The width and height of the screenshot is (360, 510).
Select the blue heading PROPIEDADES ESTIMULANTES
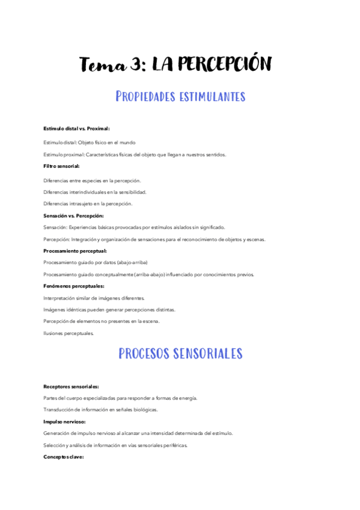pos(180,96)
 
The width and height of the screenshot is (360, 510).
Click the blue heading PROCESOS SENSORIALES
pos(180,353)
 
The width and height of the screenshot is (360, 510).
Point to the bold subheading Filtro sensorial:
pos(61,165)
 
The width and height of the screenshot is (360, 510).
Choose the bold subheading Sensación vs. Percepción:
pos(73,215)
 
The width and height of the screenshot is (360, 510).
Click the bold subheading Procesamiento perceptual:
pos(75,250)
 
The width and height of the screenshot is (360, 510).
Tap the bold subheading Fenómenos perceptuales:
pos(74,286)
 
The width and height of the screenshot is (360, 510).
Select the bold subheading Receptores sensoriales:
pos(72,386)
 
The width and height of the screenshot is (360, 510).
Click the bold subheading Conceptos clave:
pos(63,457)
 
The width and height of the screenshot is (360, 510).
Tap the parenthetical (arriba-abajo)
pos(171,274)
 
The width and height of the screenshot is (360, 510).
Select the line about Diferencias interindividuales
pos(95,192)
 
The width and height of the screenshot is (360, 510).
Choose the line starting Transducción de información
pos(101,410)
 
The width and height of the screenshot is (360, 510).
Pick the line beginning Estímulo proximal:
pos(135,155)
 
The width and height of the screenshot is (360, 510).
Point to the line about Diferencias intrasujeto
pos(88,204)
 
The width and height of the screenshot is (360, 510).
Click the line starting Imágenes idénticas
pos(109,309)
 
